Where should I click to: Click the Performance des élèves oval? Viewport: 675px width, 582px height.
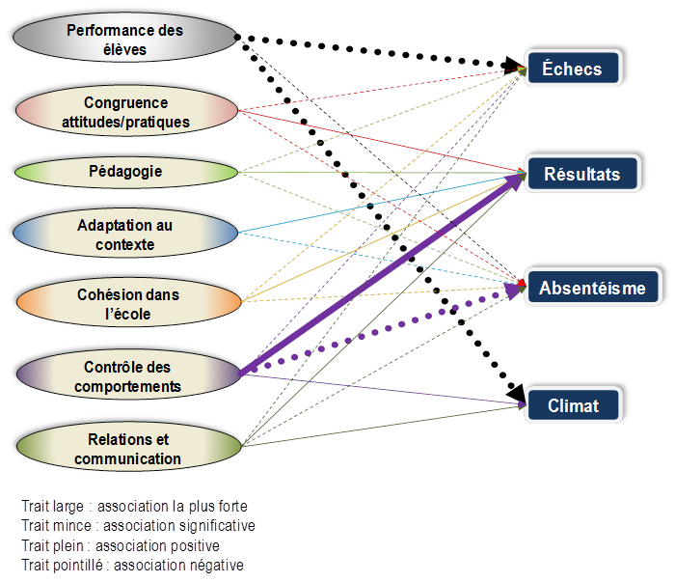[x=125, y=39]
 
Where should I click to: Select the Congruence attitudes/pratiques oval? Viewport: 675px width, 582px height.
[x=125, y=112]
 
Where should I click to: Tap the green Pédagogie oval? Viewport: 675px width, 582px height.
[x=125, y=172]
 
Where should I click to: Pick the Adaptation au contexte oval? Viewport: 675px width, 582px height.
[x=125, y=235]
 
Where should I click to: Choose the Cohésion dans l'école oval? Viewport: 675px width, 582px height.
[x=125, y=303]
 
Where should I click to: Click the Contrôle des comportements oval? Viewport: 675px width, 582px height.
[x=125, y=376]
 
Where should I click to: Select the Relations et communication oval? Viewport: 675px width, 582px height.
[x=125, y=450]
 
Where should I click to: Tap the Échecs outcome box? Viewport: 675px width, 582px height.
[x=573, y=69]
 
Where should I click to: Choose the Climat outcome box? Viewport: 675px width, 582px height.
[x=573, y=406]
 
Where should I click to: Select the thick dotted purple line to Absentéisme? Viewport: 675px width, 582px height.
[x=386, y=325]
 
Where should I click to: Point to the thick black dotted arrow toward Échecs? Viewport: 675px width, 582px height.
[x=386, y=54]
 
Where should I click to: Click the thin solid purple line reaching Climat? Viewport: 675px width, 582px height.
[x=386, y=391]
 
